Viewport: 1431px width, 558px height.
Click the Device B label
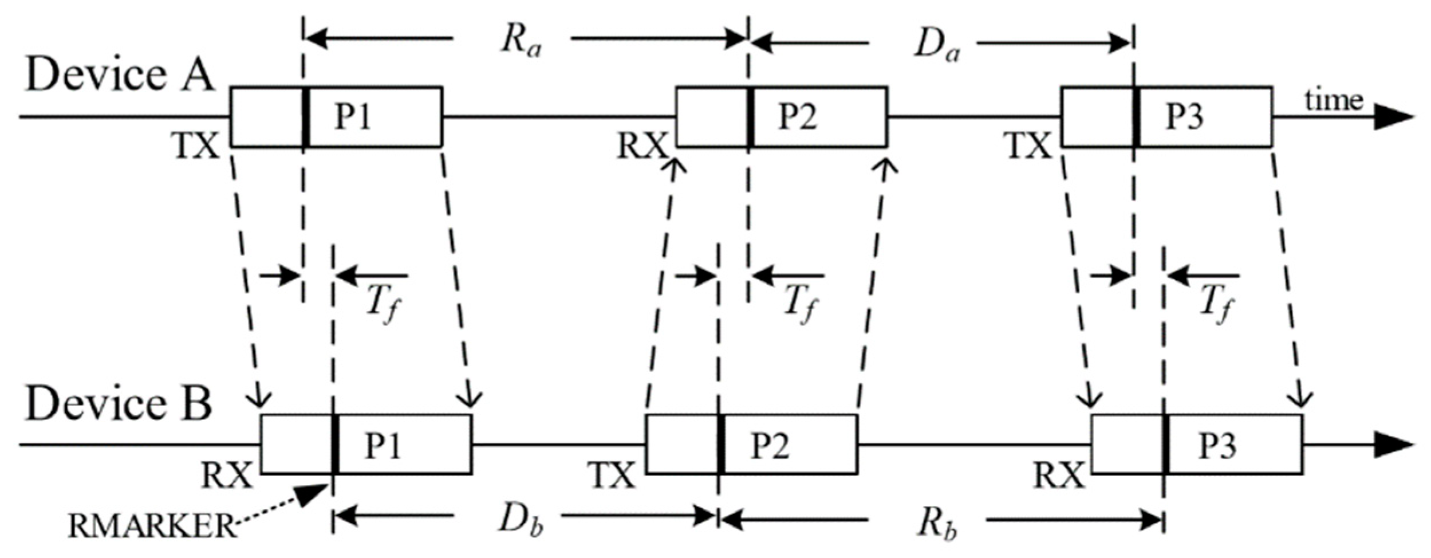(x=119, y=404)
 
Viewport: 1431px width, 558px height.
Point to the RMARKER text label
(x=152, y=525)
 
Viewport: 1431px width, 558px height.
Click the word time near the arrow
(x=1334, y=101)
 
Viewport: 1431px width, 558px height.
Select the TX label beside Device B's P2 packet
(x=612, y=476)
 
